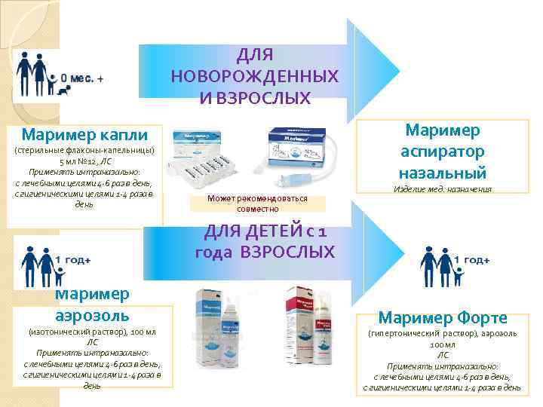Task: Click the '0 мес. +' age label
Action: [82, 78]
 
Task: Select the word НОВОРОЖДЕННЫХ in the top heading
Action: [254, 77]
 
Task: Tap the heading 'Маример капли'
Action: [85, 136]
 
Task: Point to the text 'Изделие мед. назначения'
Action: [443, 190]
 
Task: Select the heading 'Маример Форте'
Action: [443, 317]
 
